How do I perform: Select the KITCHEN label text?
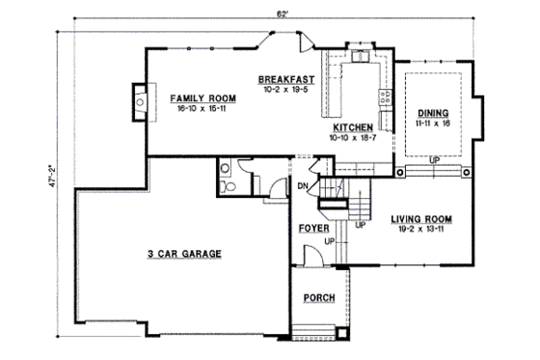[353, 127]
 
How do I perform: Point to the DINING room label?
[433, 114]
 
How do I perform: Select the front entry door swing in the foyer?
[313, 257]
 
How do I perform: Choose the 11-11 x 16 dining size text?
[433, 125]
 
